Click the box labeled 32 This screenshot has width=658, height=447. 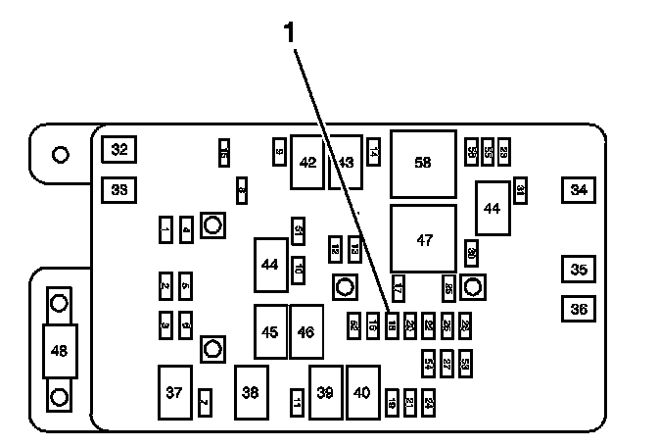coord(119,150)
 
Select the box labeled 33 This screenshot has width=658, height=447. coord(119,189)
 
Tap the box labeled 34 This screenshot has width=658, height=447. coord(580,189)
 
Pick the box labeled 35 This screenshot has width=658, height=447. coord(580,269)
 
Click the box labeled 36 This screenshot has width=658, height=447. coord(580,308)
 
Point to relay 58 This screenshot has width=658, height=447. coord(423,163)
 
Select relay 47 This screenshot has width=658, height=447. coord(423,239)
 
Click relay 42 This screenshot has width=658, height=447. coord(307,162)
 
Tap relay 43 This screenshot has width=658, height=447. coord(346,162)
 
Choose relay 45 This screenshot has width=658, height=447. coord(270,332)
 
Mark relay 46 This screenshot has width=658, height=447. coord(305,332)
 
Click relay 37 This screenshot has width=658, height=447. coord(174,392)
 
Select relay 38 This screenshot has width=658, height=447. coord(251,392)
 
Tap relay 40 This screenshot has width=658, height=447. coord(363,392)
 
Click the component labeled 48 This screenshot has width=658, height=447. coord(60,349)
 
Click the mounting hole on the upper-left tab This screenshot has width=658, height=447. coord(60,154)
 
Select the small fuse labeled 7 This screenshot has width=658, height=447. coord(204,401)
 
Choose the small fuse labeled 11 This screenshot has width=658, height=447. coord(297,401)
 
